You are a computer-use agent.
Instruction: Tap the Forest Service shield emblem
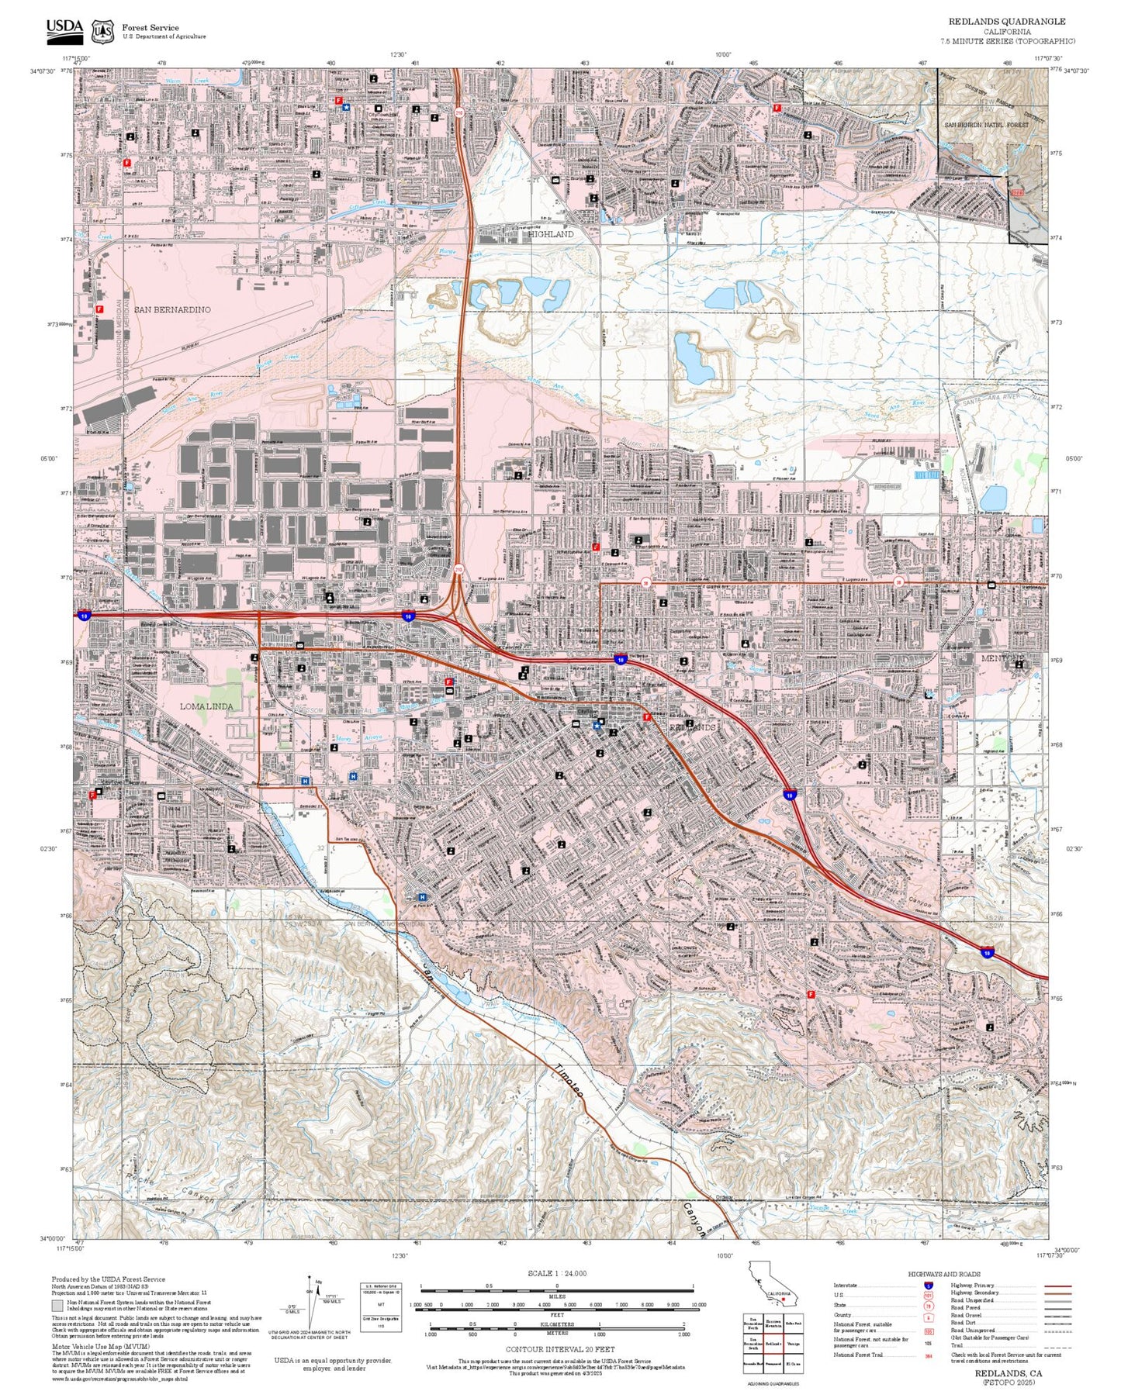(x=102, y=32)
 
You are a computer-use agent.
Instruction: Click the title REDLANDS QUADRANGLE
(x=1006, y=22)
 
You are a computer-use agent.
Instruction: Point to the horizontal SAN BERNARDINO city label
(x=172, y=309)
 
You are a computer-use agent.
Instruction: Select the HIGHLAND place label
(x=551, y=234)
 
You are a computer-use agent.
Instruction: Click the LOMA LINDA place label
(x=206, y=706)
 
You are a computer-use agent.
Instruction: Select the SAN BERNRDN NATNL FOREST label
(x=985, y=125)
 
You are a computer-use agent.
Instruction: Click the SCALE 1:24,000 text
(x=557, y=1273)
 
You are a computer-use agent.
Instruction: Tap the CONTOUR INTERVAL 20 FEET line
(x=557, y=1350)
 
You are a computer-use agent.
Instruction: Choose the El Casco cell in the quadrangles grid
(x=793, y=1363)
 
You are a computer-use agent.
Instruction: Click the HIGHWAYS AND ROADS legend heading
(x=944, y=1274)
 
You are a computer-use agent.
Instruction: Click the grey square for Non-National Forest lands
(x=57, y=1304)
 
